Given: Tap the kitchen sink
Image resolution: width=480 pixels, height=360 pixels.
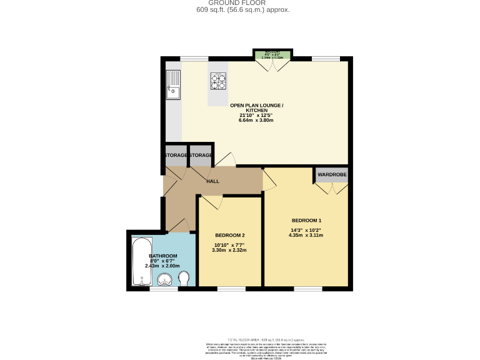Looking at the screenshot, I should (x=172, y=86).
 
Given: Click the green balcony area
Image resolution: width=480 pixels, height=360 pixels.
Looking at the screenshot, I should (x=272, y=54).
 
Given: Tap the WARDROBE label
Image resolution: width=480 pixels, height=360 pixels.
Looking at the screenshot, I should (x=331, y=174).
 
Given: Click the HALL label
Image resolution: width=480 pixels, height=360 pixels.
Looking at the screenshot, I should (x=212, y=181).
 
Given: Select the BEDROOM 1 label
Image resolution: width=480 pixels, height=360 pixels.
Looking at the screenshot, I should (x=306, y=221).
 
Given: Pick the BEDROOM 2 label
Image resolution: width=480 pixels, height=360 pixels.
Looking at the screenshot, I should (x=229, y=235).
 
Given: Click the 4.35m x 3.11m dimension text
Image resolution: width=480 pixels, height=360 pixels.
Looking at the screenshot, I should (x=306, y=236).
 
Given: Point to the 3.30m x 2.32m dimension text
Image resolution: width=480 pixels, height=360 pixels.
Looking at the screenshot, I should (x=229, y=250).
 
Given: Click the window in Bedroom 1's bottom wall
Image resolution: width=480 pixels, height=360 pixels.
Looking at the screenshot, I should (x=307, y=288).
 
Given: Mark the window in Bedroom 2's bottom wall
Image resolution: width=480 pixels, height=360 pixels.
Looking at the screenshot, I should (x=231, y=288).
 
